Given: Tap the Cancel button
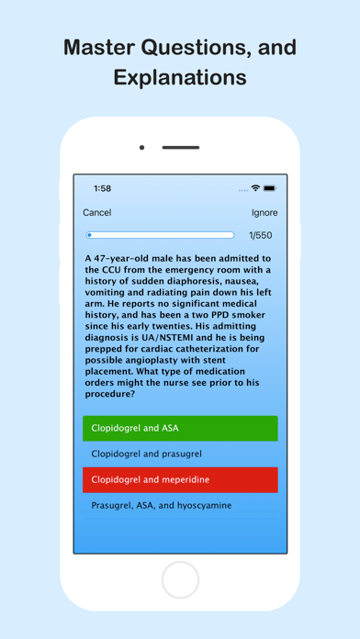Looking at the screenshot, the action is [97, 213].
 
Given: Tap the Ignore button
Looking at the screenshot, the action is [264, 213].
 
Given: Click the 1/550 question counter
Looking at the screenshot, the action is [261, 236].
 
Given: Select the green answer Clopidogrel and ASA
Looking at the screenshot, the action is [180, 428].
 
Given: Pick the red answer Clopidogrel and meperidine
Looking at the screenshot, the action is [180, 479].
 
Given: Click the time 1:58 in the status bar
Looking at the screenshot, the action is [102, 188].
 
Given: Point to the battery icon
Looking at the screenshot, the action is [270, 188].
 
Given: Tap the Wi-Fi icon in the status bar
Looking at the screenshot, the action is [255, 188].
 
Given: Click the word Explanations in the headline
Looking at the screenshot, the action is [180, 78].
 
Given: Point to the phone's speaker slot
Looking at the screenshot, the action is [181, 147].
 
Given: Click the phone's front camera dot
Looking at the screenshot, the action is [141, 147].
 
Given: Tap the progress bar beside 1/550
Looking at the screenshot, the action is [160, 236].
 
